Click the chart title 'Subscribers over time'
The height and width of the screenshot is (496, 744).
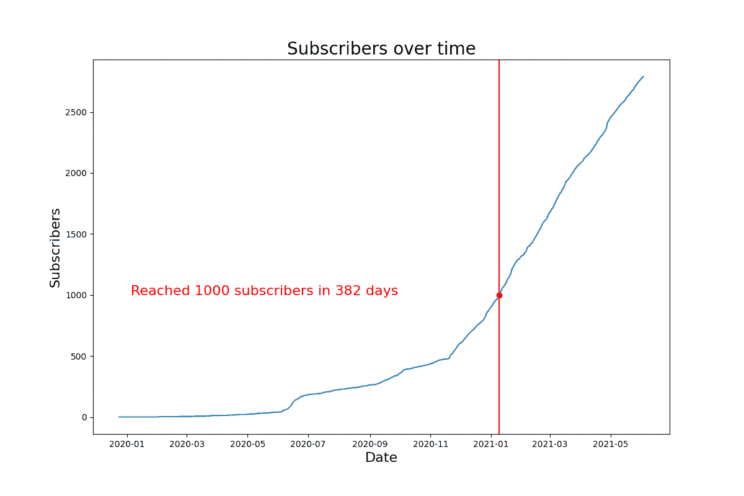coord(381,49)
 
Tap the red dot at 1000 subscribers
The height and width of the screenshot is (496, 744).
coord(499,295)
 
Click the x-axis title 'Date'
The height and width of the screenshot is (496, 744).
coord(381,458)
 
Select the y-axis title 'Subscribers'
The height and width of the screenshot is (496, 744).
coord(55,247)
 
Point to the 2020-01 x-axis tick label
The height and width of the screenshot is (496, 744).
coord(127,444)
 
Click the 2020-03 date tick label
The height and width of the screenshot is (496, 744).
coord(187,444)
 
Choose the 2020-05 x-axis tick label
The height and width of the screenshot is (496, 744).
coord(247,444)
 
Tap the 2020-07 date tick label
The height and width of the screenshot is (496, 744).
coord(308,444)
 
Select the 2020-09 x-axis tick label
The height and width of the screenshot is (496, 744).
coord(370,444)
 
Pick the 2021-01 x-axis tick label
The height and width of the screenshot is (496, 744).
coord(492,444)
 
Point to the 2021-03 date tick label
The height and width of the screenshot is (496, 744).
coord(551,444)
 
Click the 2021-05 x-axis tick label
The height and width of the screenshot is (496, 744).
coord(611,444)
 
